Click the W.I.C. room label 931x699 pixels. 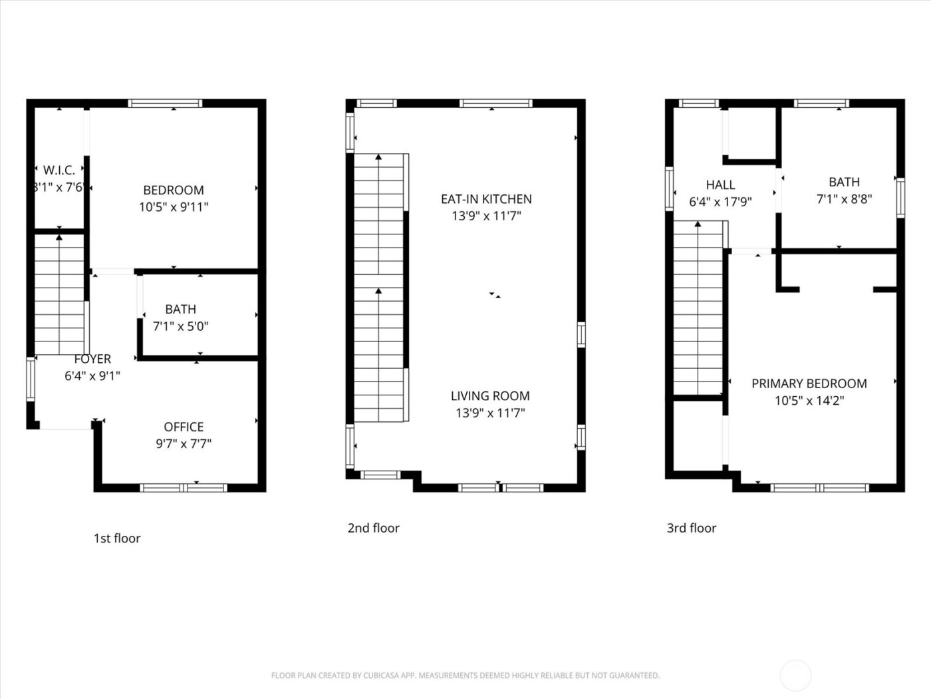(x=59, y=170)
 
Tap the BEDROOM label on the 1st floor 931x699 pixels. (x=174, y=190)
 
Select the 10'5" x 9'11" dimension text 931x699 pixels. (x=174, y=207)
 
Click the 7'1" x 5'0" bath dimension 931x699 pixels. (x=181, y=326)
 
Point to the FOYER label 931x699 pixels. (x=92, y=359)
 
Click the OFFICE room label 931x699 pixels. (x=184, y=427)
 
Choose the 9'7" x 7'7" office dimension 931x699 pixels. (x=184, y=443)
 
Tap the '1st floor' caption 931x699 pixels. (x=117, y=539)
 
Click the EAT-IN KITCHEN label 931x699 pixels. (x=486, y=199)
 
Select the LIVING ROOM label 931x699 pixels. (x=490, y=396)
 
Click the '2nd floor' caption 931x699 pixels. (x=373, y=529)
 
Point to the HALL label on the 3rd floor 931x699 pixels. (x=720, y=185)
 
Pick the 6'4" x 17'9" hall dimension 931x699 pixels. (x=720, y=202)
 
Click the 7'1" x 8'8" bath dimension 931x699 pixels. (x=844, y=198)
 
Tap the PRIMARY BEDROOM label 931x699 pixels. (x=809, y=383)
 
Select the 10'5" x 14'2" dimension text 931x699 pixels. (x=809, y=401)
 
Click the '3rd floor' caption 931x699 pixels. (x=692, y=529)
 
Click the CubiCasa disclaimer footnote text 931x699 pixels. (x=465, y=676)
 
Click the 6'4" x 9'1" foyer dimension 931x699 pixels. (x=92, y=376)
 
